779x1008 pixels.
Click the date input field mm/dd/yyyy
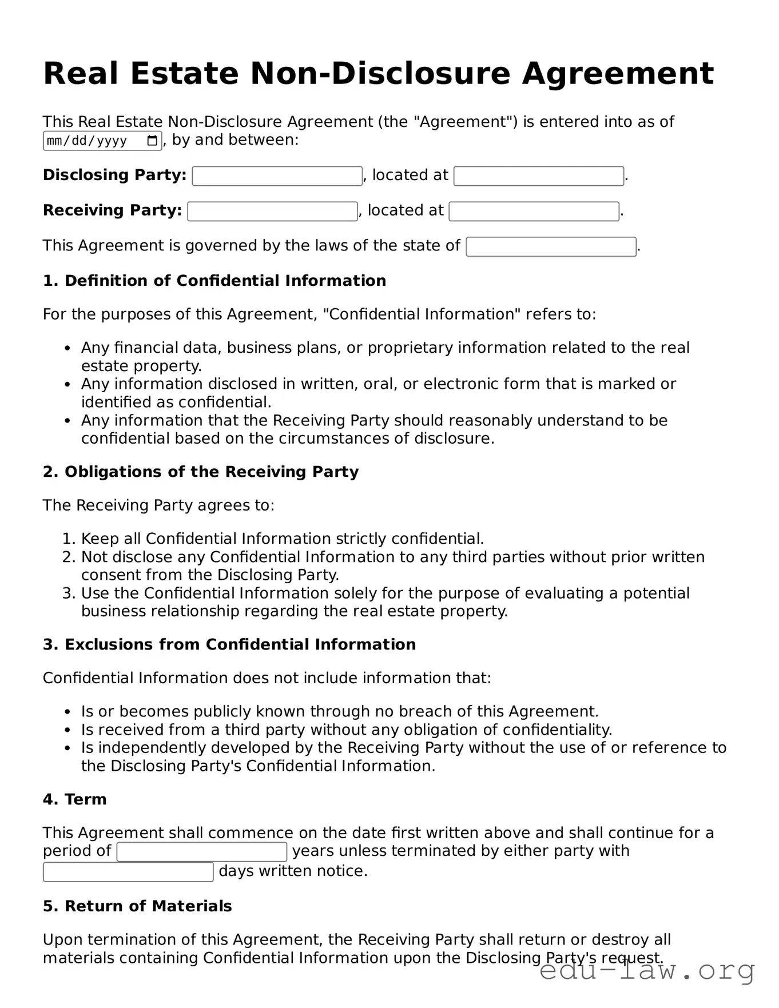(x=92, y=141)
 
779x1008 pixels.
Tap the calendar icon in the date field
(x=152, y=141)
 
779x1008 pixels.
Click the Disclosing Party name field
(x=277, y=176)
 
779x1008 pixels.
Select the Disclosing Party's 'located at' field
(x=538, y=176)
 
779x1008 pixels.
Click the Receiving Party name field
(x=272, y=212)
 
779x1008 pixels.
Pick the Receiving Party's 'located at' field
(x=534, y=212)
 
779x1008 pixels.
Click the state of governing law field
(x=551, y=247)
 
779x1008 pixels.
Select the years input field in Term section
(x=201, y=852)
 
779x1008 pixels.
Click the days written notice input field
(x=128, y=872)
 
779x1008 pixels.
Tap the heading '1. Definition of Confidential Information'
(x=214, y=281)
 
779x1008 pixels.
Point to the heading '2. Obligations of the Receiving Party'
(x=201, y=472)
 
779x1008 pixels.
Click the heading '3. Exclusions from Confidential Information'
(x=229, y=644)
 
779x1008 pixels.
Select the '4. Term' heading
(x=74, y=799)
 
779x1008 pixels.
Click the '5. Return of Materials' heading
(x=137, y=906)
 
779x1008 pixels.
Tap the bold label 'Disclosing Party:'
(x=114, y=175)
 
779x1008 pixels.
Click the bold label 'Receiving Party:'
(x=112, y=210)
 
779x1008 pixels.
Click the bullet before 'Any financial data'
(x=67, y=348)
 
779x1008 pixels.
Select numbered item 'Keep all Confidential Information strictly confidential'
(x=283, y=539)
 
